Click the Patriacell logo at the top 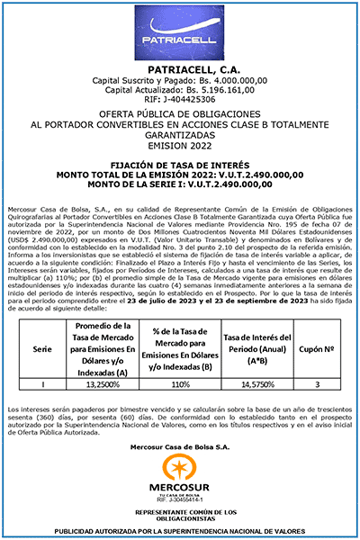click(180, 34)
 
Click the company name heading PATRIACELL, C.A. click(180, 70)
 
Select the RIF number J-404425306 click(180, 100)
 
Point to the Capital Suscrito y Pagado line click(180, 81)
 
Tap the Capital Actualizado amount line click(180, 91)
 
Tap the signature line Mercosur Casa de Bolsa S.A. click(180, 446)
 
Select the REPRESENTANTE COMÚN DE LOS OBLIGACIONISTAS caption click(180, 514)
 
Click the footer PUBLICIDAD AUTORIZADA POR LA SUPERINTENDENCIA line click(180, 530)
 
